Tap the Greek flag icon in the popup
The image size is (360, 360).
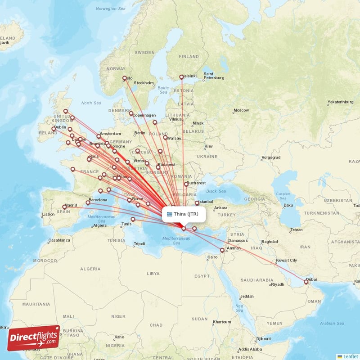click(170, 214)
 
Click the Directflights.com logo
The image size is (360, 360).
click(34, 337)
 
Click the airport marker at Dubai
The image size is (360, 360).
click(306, 282)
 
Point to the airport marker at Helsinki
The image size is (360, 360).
click(181, 77)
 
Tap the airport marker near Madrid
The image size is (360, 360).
click(64, 207)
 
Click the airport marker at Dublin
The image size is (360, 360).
click(54, 129)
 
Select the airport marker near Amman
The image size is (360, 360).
click(222, 250)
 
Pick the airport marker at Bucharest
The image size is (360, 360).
click(186, 184)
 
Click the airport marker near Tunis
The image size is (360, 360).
click(133, 220)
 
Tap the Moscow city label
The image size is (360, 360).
click(241, 110)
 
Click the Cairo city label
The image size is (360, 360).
click(212, 257)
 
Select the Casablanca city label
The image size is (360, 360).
click(59, 240)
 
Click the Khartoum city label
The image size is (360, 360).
click(222, 322)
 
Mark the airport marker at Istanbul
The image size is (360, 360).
click(197, 203)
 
